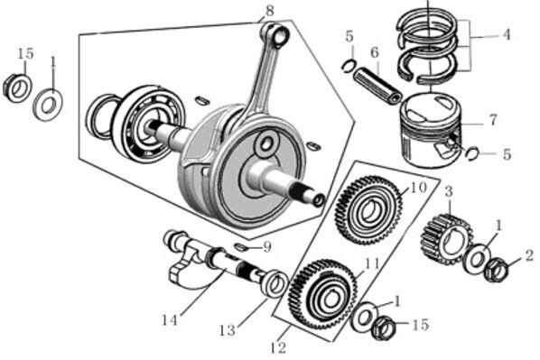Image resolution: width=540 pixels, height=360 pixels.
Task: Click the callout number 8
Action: (270, 11)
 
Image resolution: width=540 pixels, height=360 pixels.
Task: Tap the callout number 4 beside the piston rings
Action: (507, 34)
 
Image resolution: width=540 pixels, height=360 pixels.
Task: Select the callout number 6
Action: (375, 52)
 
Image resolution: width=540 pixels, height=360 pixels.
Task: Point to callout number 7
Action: (493, 120)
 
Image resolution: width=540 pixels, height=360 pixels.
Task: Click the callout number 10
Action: (418, 188)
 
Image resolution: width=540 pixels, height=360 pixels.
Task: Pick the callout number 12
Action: (278, 348)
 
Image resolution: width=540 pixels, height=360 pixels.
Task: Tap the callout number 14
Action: (170, 320)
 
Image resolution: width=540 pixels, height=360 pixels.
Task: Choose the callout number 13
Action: (228, 331)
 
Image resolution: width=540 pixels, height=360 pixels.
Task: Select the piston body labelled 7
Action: (431, 130)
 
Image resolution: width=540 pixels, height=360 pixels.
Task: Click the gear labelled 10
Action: (368, 209)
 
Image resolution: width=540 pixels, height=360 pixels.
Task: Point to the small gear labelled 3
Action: (444, 239)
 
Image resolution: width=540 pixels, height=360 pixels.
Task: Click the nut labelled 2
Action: (496, 270)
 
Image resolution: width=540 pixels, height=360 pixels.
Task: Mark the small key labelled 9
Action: (242, 246)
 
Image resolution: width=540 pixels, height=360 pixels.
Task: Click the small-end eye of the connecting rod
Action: (280, 35)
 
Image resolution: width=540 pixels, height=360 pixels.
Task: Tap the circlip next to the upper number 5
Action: (349, 65)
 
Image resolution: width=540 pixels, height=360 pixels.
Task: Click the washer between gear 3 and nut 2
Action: (477, 258)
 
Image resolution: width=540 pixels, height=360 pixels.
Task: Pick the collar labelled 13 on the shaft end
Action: (275, 284)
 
